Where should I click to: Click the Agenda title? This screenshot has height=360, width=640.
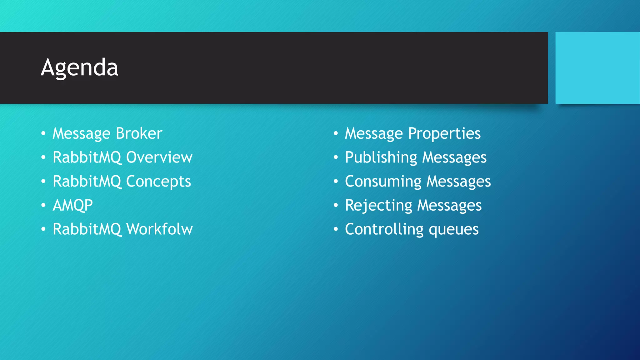[x=79, y=67]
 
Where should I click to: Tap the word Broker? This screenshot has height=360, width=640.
[x=139, y=133]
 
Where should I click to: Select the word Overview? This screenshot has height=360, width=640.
[x=159, y=157]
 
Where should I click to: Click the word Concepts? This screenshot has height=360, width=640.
[x=158, y=182]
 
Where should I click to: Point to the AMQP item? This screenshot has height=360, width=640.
[x=72, y=205]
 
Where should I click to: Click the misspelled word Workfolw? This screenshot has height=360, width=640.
[x=159, y=229]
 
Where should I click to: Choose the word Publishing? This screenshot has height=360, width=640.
[x=381, y=157]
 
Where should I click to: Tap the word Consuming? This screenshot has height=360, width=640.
[x=383, y=182]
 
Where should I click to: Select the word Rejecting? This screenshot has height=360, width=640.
[x=378, y=206]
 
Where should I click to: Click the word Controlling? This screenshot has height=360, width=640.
[x=384, y=229]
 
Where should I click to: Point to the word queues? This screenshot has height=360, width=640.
[x=453, y=230]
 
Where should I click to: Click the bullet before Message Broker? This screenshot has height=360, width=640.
[x=43, y=134]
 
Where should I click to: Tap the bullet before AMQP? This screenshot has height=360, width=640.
[x=43, y=205]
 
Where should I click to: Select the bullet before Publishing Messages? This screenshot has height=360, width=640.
[x=336, y=157]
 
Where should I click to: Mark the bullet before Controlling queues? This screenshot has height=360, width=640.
[x=336, y=229]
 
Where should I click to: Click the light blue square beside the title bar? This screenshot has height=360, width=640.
[x=597, y=67]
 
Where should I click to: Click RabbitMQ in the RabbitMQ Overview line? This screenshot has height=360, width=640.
[x=87, y=157]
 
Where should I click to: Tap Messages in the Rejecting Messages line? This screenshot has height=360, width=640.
[x=449, y=206]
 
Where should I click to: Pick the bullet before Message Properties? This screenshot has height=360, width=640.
[x=336, y=134]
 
